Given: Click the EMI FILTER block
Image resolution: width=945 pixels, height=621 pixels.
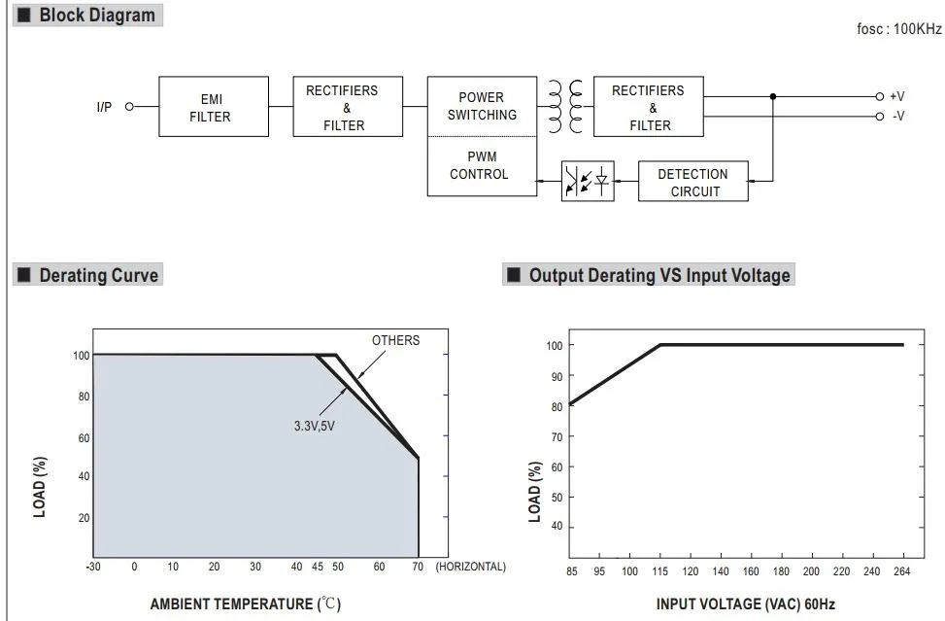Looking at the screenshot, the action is point(214,107).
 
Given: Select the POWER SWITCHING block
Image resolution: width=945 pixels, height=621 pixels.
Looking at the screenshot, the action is point(482,106).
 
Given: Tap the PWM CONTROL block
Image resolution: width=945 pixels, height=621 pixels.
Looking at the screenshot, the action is point(482,166).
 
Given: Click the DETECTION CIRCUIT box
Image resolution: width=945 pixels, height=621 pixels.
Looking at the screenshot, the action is point(693,181).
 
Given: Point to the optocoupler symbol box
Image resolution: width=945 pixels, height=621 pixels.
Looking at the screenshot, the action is point(588,181).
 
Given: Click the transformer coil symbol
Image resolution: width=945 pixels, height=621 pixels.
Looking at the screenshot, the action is point(565,107).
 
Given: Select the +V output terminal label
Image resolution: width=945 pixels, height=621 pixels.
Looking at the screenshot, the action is point(896,96).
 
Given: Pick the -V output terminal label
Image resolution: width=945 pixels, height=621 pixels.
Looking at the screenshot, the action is point(898,116).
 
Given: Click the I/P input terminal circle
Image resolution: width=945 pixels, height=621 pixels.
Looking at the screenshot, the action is point(129,107).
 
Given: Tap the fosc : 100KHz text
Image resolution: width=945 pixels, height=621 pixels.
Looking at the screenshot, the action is point(899,29).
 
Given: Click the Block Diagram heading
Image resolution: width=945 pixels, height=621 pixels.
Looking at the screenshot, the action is point(97,16).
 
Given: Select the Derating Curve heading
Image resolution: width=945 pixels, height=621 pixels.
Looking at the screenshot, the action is point(99,275).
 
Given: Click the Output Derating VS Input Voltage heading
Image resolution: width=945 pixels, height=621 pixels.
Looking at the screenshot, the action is point(659,275).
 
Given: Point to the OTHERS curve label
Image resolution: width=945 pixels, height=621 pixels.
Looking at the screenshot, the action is point(395,340).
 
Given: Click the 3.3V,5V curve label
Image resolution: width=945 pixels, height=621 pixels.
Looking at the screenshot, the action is point(314,426).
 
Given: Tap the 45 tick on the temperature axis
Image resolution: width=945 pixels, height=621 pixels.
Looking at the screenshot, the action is point(318,567).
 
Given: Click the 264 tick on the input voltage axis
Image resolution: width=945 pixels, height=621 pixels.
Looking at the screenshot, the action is point(902,571).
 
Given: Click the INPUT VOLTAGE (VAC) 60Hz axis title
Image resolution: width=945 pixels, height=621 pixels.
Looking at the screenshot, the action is point(746,604).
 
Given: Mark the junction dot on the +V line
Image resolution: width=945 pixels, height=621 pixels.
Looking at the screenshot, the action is point(773,96).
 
